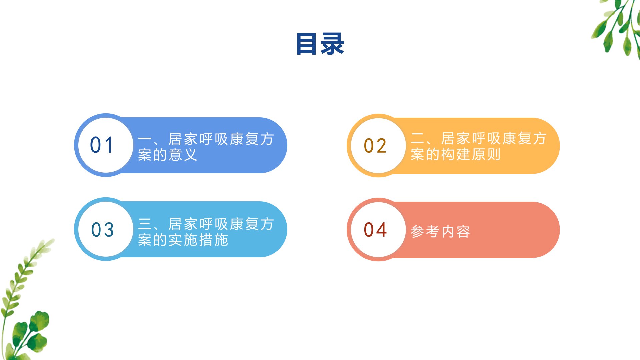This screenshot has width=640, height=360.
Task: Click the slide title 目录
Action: [320, 44]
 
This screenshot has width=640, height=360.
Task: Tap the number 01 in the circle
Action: [102, 145]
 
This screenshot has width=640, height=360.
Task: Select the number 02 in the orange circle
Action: [375, 146]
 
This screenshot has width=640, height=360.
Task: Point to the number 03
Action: [103, 230]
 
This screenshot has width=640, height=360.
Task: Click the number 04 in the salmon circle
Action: [375, 230]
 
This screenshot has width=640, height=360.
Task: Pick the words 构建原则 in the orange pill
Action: [471, 154]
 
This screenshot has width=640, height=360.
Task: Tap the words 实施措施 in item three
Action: [198, 240]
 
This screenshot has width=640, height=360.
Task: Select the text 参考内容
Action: [440, 232]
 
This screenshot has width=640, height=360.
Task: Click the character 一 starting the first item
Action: [145, 139]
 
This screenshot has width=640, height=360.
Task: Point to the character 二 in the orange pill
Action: [417, 138]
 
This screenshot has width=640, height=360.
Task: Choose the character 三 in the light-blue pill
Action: [145, 224]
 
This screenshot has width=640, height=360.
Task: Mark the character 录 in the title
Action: [332, 44]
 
